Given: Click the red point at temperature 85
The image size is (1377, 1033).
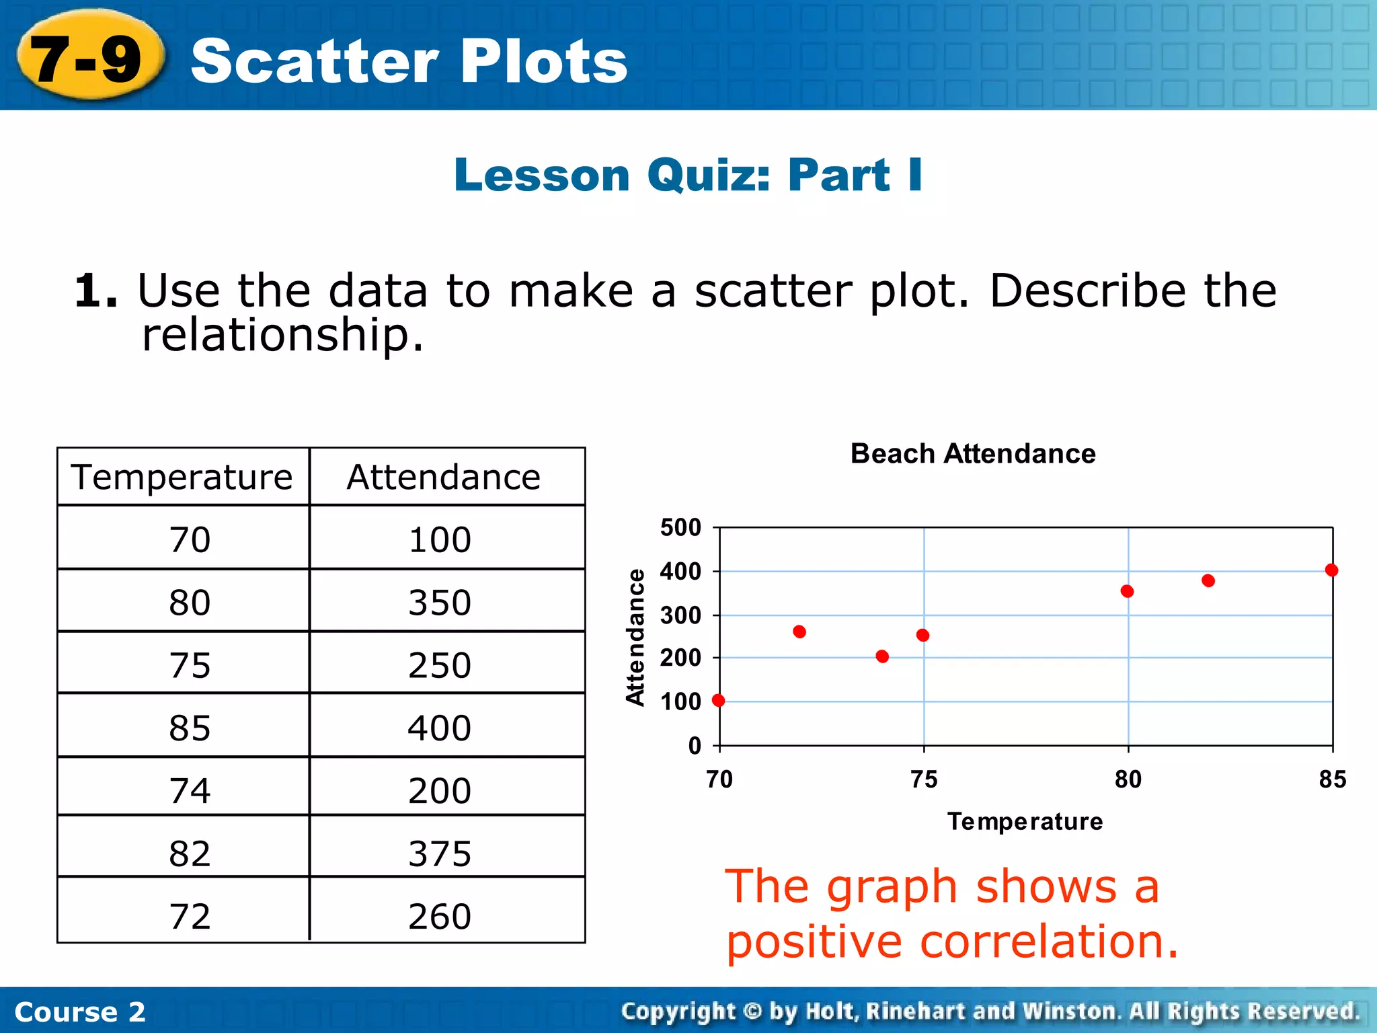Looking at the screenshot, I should (1331, 570).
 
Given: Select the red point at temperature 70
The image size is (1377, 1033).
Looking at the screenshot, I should (719, 700).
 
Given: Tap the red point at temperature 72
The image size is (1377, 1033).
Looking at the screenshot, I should (799, 632).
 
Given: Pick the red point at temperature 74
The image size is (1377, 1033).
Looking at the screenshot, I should (882, 656).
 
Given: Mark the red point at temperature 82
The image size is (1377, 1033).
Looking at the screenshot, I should (1208, 580).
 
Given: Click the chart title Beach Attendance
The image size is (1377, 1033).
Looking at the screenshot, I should (973, 454).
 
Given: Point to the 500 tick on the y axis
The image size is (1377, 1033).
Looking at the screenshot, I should (680, 527).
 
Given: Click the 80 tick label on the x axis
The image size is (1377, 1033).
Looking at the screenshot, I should (1128, 779).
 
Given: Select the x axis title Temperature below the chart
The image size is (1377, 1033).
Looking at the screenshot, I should (1025, 821).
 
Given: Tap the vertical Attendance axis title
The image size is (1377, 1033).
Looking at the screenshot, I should (635, 637).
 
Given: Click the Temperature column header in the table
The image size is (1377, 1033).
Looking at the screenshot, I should (182, 477).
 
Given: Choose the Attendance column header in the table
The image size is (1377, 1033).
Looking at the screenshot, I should (444, 477).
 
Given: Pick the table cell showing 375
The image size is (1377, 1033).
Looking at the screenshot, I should (440, 853).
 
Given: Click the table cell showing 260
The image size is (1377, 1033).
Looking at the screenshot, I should (440, 916).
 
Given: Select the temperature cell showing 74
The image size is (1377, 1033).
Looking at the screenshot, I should (190, 790).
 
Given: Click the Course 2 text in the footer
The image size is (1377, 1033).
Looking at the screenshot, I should (80, 1011).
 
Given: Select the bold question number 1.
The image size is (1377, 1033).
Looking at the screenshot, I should (95, 292).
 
